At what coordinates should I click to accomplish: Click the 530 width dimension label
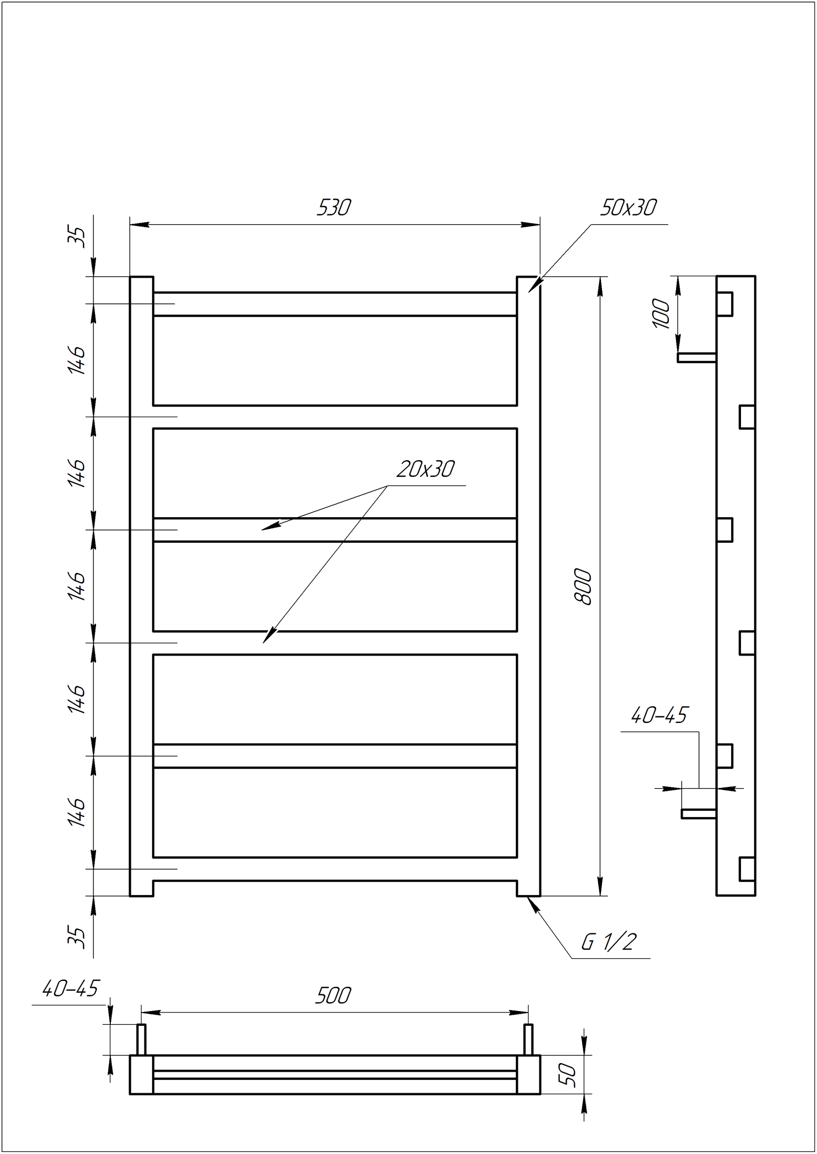(333, 207)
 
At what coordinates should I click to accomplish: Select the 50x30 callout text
(628, 207)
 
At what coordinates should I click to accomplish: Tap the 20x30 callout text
(425, 469)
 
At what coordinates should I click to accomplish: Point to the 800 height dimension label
(583, 587)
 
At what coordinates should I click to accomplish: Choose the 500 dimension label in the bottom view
(333, 996)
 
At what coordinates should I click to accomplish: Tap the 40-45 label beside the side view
(660, 715)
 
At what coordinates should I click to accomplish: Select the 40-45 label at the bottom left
(70, 989)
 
